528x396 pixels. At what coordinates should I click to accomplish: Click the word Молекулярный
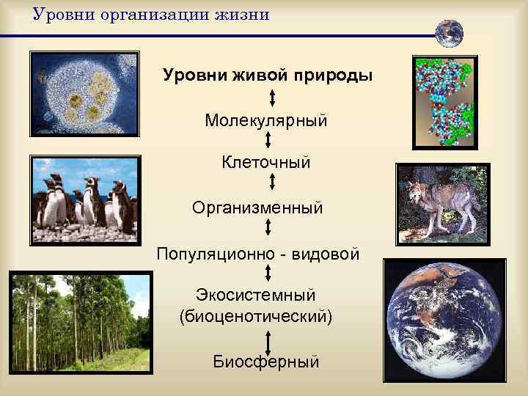pos(266,119)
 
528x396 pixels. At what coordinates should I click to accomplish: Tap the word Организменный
pos(257,208)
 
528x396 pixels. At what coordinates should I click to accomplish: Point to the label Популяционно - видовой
pos(258,254)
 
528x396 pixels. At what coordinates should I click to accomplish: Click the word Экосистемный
pos(256,296)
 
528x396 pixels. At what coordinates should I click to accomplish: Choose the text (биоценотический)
pos(256,317)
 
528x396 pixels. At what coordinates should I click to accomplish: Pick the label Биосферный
pos(266,361)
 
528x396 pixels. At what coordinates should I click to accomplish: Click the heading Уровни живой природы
pos(268,76)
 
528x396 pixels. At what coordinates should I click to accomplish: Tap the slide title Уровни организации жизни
pos(151,15)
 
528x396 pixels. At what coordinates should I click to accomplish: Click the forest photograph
pos(81,320)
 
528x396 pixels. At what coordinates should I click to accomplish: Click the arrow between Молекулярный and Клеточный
pos(268,140)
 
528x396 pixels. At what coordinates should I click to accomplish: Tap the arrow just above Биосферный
pos(268,342)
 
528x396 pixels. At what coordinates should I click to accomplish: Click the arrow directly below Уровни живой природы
pos(272,97)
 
